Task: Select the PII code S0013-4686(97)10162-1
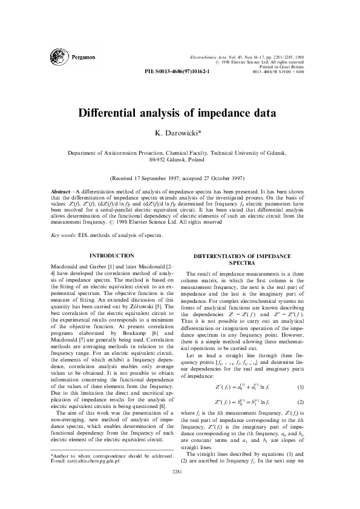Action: point(184,71)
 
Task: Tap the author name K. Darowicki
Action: point(179,132)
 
